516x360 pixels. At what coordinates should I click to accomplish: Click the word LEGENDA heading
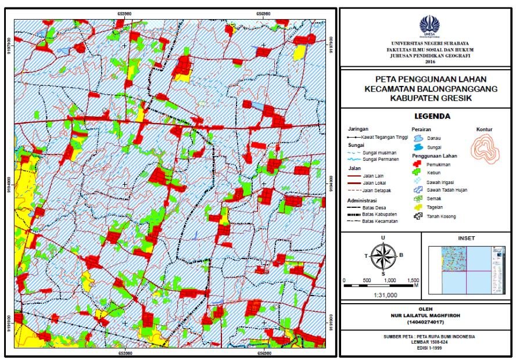click(x=429, y=116)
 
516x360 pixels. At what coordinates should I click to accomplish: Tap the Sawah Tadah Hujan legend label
click(x=447, y=190)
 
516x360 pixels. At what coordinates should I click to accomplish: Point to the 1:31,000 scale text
click(x=383, y=295)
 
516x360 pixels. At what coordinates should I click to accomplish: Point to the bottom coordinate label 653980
click(x=125, y=352)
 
